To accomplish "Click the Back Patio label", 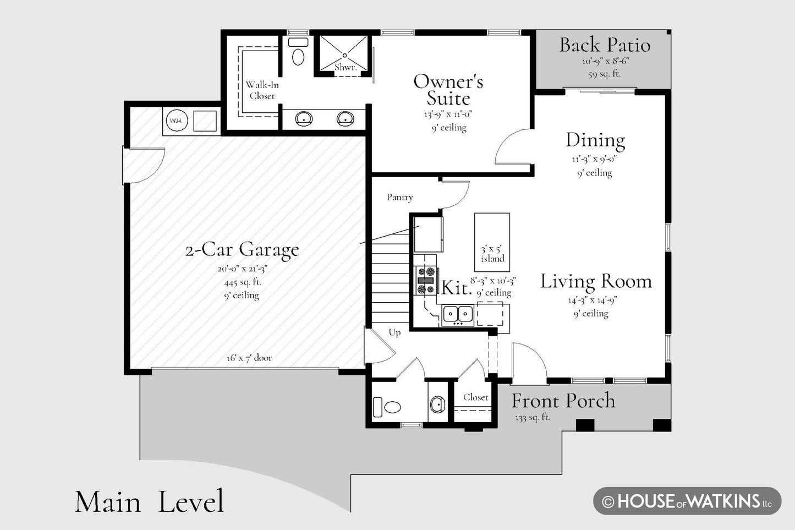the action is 605,45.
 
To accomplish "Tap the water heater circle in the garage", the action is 177,121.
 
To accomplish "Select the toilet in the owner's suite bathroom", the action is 298,52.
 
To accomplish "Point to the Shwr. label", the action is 346,67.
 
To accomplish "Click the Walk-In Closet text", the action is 262,90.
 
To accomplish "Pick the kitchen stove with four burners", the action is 426,281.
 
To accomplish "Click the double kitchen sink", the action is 458,314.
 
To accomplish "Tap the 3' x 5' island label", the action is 492,254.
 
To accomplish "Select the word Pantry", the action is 400,197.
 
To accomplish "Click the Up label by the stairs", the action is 394,332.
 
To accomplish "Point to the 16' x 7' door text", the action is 249,358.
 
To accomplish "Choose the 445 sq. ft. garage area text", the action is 243,282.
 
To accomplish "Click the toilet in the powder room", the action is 387,407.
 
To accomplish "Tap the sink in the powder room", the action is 438,404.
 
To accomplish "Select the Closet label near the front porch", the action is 475,397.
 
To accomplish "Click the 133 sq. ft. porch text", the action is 533,418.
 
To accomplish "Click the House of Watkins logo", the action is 688,501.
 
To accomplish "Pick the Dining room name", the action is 595,140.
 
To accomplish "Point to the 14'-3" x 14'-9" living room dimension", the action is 593,300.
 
